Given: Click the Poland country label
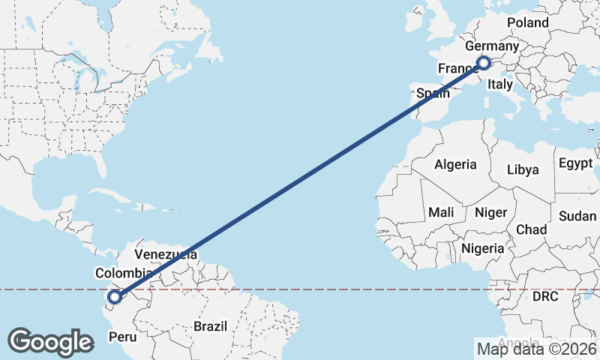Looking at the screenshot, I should tap(528, 22).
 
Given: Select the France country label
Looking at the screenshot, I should tap(454, 68).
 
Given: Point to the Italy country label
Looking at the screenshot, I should tap(499, 85).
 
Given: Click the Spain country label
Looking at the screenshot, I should tap(433, 94).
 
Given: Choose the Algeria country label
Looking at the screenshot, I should tap(455, 164).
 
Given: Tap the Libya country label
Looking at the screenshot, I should tap(523, 169).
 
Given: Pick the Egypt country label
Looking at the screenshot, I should tap(575, 163).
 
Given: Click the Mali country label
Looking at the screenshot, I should tap(441, 212).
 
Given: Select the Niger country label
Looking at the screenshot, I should tap(491, 212).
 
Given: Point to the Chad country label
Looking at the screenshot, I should tap(531, 229).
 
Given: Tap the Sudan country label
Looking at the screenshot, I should tap(577, 216).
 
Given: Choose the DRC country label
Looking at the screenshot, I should tap(546, 297).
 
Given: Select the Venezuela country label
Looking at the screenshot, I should tap(166, 255).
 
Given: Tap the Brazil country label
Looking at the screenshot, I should tap(210, 326).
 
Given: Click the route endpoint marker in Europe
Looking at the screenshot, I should tap(484, 63).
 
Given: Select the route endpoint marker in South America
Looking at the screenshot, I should tap(114, 298).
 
